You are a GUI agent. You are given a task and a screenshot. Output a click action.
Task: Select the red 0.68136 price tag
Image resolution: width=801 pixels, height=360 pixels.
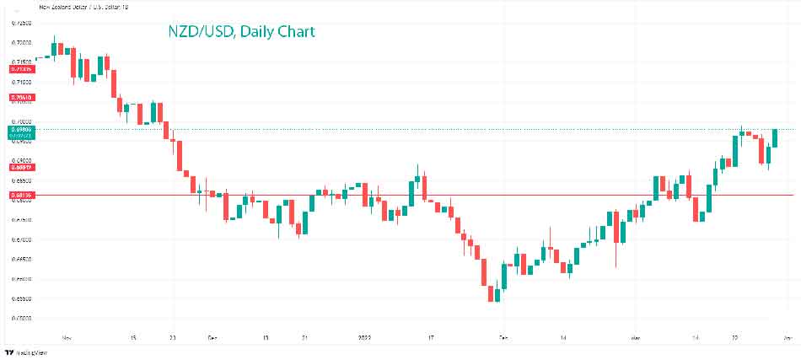(22, 196)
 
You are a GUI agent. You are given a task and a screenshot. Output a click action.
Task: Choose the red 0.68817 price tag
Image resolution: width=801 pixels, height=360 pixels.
(22, 167)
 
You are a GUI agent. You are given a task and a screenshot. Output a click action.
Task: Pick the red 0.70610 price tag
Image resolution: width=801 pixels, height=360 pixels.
(22, 98)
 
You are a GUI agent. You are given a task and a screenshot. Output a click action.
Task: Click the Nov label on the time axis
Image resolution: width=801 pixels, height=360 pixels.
(67, 336)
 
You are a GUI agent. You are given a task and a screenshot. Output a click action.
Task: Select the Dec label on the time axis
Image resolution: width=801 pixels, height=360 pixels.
(212, 336)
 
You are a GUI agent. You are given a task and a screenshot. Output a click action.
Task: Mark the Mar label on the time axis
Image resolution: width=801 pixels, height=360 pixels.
(637, 336)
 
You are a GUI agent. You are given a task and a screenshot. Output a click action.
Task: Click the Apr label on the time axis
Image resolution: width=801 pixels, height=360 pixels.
(785, 336)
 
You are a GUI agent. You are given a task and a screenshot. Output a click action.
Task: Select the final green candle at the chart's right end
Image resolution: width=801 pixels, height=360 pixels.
(775, 138)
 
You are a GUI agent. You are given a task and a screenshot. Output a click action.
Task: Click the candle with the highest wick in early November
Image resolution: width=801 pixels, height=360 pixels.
(54, 47)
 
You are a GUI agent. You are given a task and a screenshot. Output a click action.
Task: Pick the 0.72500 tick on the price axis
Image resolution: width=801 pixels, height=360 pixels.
(22, 22)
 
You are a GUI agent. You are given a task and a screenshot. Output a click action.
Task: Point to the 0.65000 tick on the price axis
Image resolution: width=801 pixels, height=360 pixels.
(22, 318)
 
